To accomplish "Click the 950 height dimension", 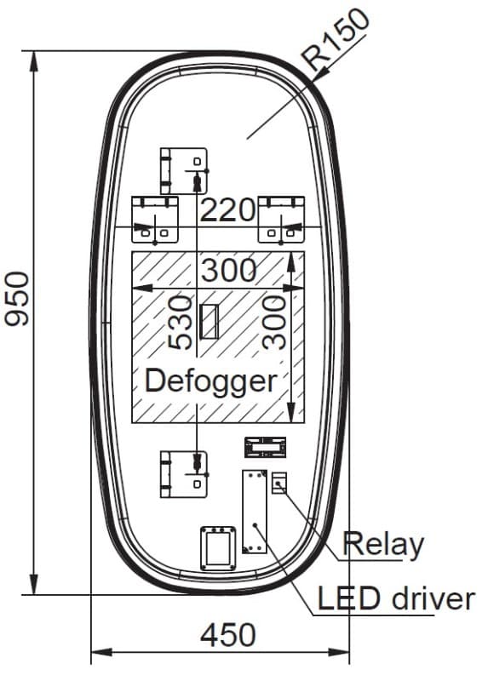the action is [17, 299].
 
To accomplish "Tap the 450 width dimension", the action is [227, 635].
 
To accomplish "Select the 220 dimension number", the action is [227, 210].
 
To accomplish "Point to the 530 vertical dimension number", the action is [181, 323].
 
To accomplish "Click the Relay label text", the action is [383, 545].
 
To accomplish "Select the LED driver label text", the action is [396, 598].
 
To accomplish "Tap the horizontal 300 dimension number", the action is [228, 270].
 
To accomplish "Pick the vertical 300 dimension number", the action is [274, 323].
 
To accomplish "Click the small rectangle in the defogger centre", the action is [209, 322].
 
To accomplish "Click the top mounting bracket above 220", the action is [184, 171].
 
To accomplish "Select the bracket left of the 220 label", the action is [155, 220].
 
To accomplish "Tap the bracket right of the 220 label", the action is [281, 220].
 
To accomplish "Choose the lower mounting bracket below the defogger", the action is [184, 474].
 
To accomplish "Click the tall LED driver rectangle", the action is [255, 512].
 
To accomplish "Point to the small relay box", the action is [279, 483].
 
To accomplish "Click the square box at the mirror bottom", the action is [218, 548].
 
